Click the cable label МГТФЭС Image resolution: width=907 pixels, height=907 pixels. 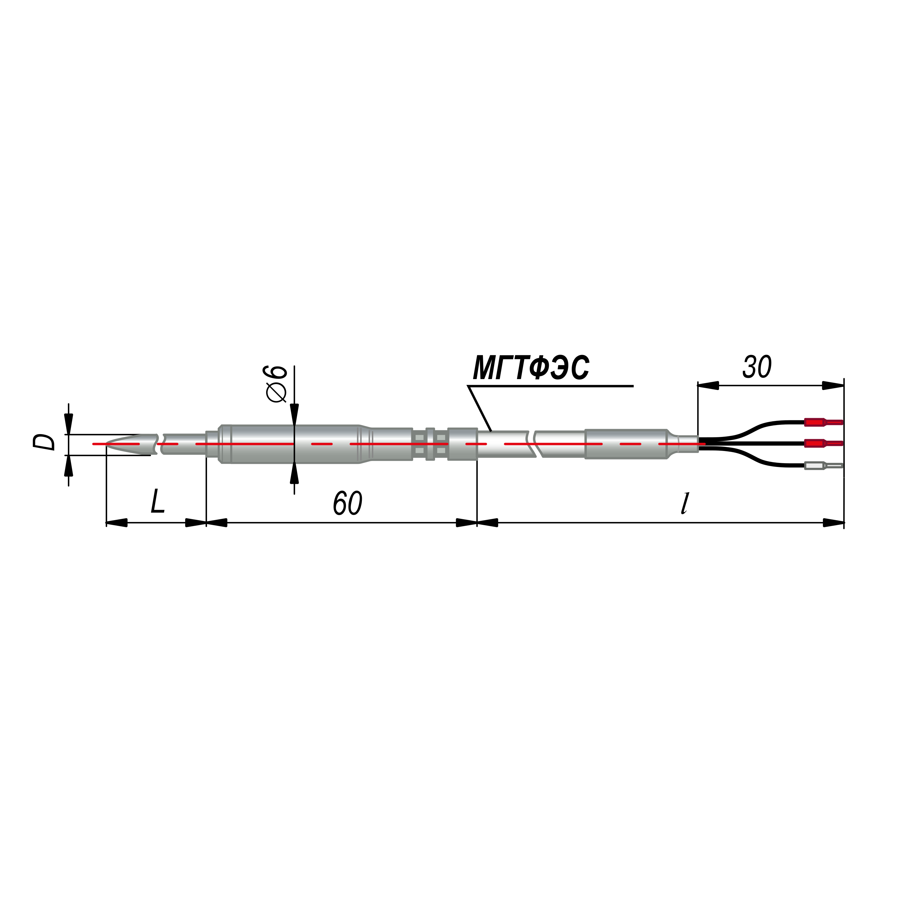pos(531,367)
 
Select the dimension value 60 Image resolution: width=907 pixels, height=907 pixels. pos(347,503)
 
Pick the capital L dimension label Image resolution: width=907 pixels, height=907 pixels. pos(157,501)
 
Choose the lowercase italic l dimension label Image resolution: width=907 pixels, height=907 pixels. pos(685,503)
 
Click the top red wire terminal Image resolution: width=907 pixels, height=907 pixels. pos(823,422)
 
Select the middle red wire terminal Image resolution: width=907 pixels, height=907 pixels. pos(823,443)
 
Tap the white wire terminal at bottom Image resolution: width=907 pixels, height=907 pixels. pos(823,466)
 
